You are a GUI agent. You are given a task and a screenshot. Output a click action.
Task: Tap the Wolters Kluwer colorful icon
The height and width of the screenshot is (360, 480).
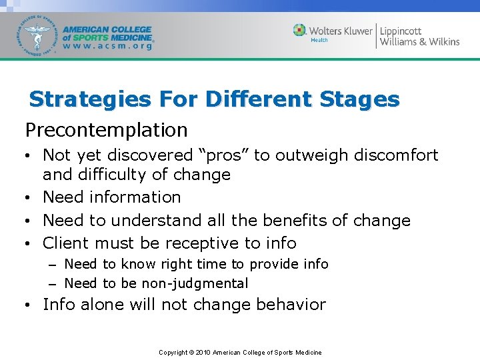[300, 30]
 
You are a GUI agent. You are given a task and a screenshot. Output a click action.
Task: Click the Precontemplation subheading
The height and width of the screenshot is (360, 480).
[107, 129]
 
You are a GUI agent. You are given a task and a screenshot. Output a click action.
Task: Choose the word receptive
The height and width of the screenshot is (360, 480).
[203, 243]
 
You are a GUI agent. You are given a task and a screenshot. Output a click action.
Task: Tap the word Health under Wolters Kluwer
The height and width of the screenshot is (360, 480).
[319, 40]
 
